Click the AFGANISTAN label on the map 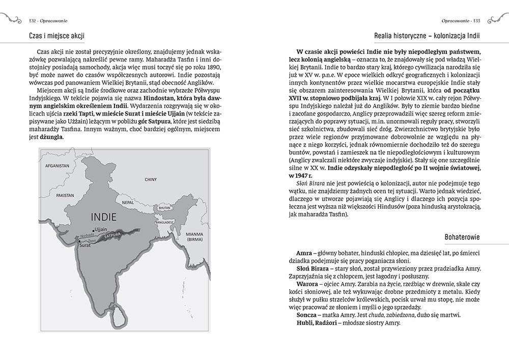(56, 165)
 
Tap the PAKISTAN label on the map (66, 195)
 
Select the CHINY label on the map (151, 179)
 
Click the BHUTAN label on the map (164, 208)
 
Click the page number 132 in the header (29, 21)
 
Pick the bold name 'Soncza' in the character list (306, 315)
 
